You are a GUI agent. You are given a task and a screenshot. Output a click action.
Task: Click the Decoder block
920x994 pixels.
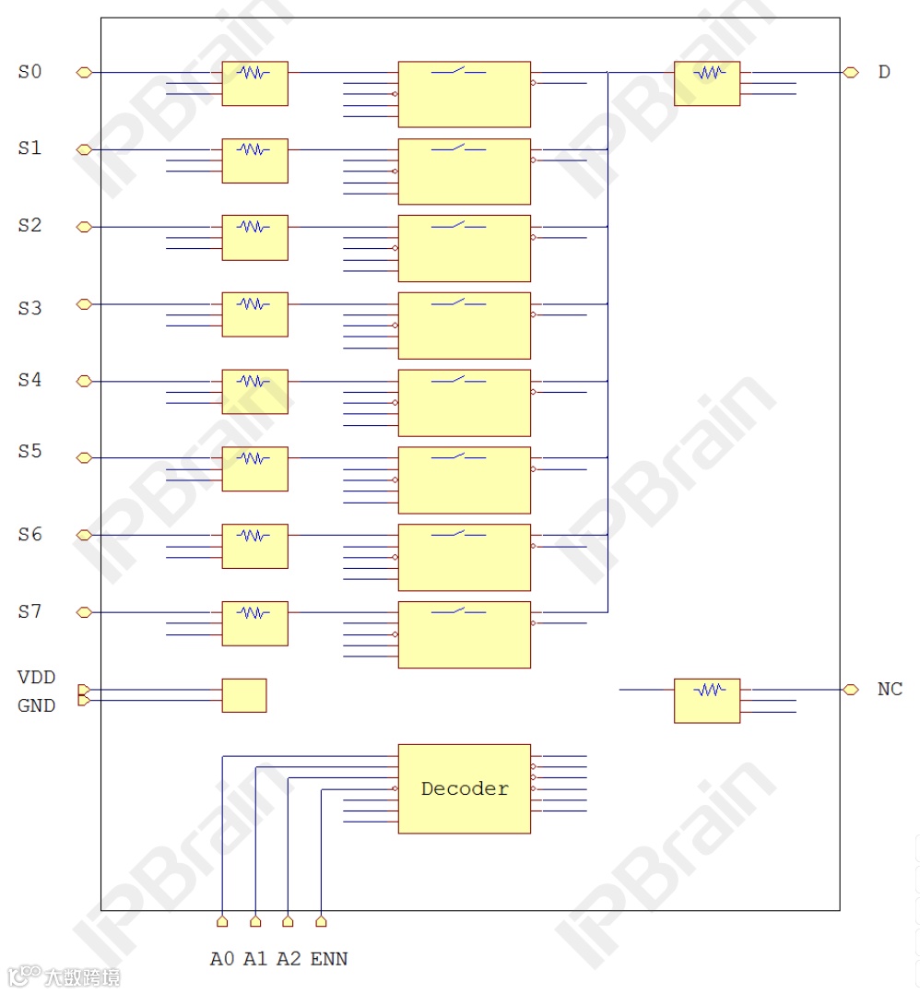point(464,788)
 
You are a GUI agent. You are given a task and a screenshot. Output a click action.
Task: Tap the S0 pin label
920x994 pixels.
point(30,71)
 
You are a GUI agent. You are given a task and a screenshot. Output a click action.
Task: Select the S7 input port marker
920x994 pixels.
point(84,611)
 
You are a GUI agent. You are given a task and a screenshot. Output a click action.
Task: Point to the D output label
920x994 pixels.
point(884,72)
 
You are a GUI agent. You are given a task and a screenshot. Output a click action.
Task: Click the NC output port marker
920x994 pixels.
point(851,689)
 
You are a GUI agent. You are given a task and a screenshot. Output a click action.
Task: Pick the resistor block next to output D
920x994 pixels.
point(706,83)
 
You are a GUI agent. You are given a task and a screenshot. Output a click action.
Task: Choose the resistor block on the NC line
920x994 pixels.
point(706,700)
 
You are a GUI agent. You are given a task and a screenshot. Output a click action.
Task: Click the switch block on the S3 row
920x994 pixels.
point(464,325)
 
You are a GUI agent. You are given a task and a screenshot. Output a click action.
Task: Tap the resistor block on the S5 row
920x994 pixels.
point(254,468)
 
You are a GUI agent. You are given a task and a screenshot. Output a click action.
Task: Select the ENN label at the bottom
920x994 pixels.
point(329,959)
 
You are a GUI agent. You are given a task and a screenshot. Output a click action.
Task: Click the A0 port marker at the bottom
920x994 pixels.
point(222,920)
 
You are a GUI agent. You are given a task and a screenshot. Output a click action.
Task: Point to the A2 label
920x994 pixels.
point(289,959)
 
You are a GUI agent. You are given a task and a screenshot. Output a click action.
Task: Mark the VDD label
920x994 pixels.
point(37,678)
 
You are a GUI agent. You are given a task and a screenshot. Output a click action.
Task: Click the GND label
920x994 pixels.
point(37,705)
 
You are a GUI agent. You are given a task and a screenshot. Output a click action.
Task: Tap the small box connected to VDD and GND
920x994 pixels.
point(244,695)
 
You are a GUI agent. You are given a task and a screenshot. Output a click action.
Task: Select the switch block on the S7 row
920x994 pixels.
point(464,634)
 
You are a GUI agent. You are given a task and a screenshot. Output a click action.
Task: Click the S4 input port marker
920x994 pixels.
point(84,381)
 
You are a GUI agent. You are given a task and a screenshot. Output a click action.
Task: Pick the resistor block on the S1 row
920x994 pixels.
point(254,160)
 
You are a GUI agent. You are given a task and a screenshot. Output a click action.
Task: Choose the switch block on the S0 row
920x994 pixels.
point(464,94)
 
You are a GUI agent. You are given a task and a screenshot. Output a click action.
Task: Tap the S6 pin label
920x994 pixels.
point(30,535)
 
